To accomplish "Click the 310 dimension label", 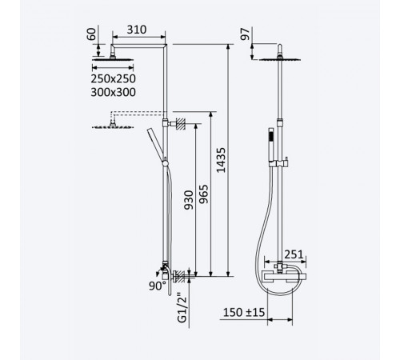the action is (137, 30).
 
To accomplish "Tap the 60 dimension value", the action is (91, 34).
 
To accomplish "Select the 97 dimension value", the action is (246, 34).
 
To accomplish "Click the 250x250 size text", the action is (114, 78).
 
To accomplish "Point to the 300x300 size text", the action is (114, 92).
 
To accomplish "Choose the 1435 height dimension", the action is (221, 160).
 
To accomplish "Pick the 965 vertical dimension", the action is (204, 194).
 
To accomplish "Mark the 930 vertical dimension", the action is (189, 200).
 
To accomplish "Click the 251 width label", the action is (294, 254).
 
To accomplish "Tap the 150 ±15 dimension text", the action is (244, 312).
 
